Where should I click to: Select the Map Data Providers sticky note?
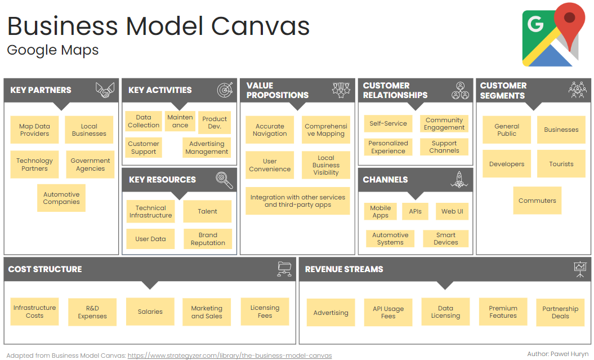coord(34,130)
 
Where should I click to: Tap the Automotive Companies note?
coord(61,198)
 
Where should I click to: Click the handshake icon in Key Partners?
coord(105,90)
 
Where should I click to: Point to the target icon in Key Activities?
coord(225,90)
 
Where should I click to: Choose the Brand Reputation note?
coord(208,239)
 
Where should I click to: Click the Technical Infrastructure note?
coord(151,211)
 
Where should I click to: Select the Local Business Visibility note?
coord(326,165)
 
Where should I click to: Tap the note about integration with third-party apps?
coord(298,201)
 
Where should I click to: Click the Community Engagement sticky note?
coord(444,124)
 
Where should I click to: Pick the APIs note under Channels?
coord(416,211)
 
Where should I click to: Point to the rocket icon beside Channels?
coord(459,180)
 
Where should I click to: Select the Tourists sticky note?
coord(561,164)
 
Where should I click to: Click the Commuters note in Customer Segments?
coord(537,201)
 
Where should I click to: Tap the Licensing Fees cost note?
coord(265,312)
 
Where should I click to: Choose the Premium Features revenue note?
coord(503,312)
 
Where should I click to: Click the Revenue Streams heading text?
coord(344,269)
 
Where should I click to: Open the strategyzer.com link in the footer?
coord(230,355)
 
